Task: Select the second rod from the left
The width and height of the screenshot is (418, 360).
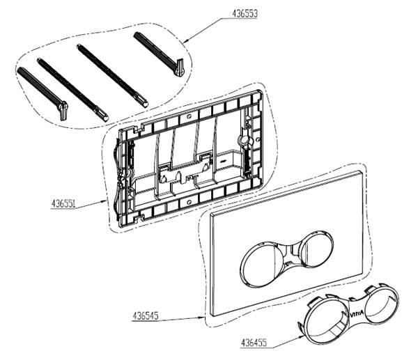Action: coord(72,87)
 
